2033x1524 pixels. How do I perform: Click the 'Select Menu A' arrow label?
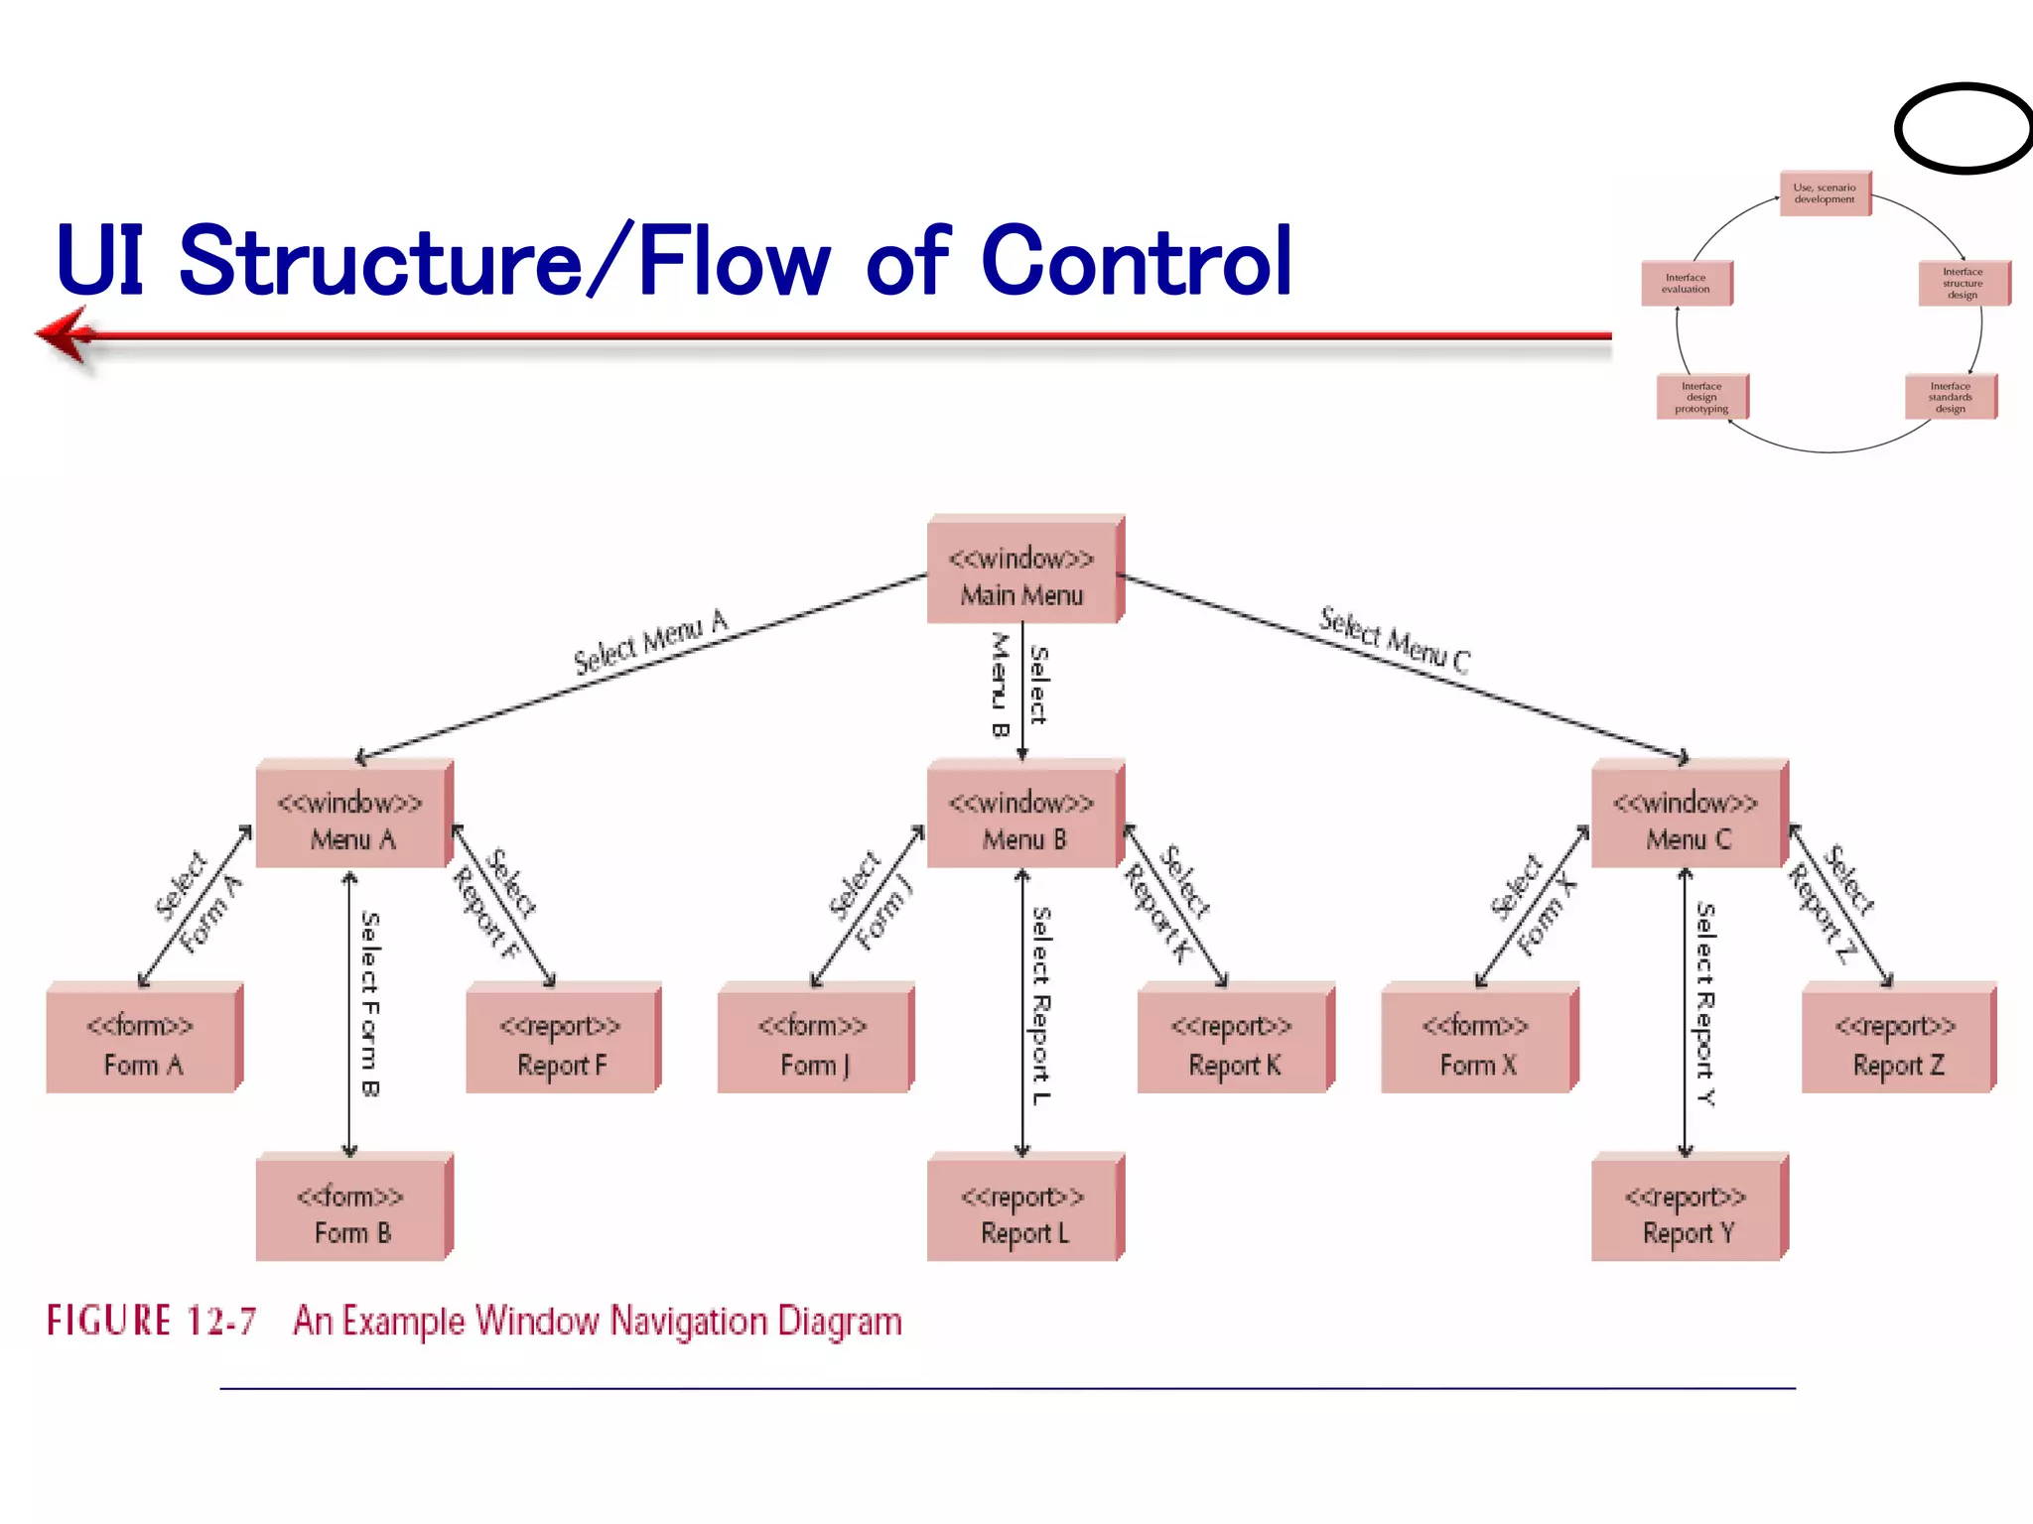[x=651, y=642]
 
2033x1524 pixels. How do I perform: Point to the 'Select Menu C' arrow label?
[x=1394, y=640]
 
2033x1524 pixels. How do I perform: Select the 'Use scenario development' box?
[x=1824, y=193]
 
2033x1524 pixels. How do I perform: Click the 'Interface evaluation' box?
[x=1686, y=284]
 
